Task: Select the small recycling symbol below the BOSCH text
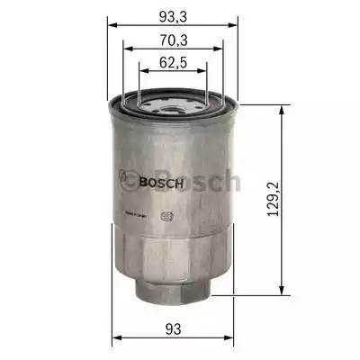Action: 164,214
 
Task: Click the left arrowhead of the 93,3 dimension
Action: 113,26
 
